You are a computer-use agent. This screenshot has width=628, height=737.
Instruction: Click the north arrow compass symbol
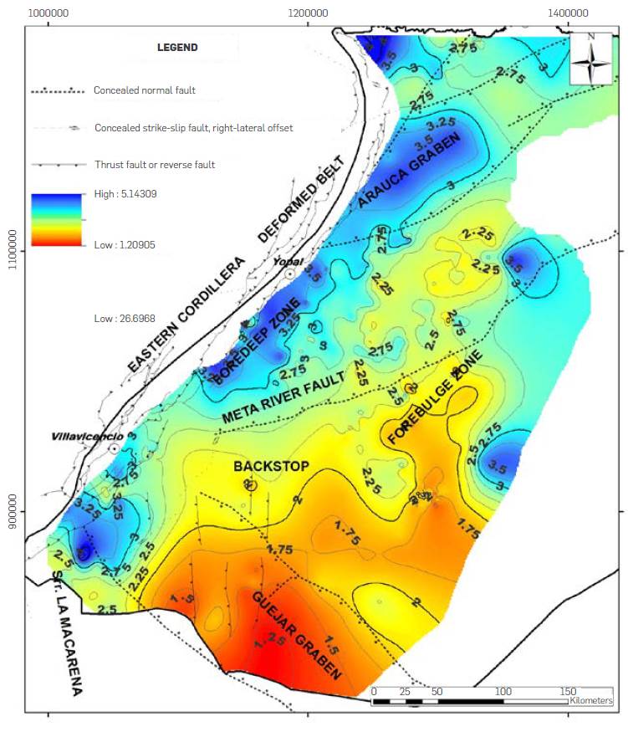click(x=592, y=59)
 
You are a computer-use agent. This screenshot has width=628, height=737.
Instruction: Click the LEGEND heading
click(x=177, y=48)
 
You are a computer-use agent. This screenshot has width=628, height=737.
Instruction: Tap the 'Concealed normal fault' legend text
click(x=144, y=90)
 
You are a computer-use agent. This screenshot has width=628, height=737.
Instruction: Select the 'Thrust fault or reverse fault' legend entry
click(x=154, y=165)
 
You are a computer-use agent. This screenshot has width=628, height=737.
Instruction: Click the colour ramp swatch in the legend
click(x=56, y=219)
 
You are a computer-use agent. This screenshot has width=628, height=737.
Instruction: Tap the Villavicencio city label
click(x=86, y=437)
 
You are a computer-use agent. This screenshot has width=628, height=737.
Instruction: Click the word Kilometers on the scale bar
click(x=590, y=700)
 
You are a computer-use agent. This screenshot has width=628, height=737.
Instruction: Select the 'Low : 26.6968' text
click(x=126, y=319)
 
